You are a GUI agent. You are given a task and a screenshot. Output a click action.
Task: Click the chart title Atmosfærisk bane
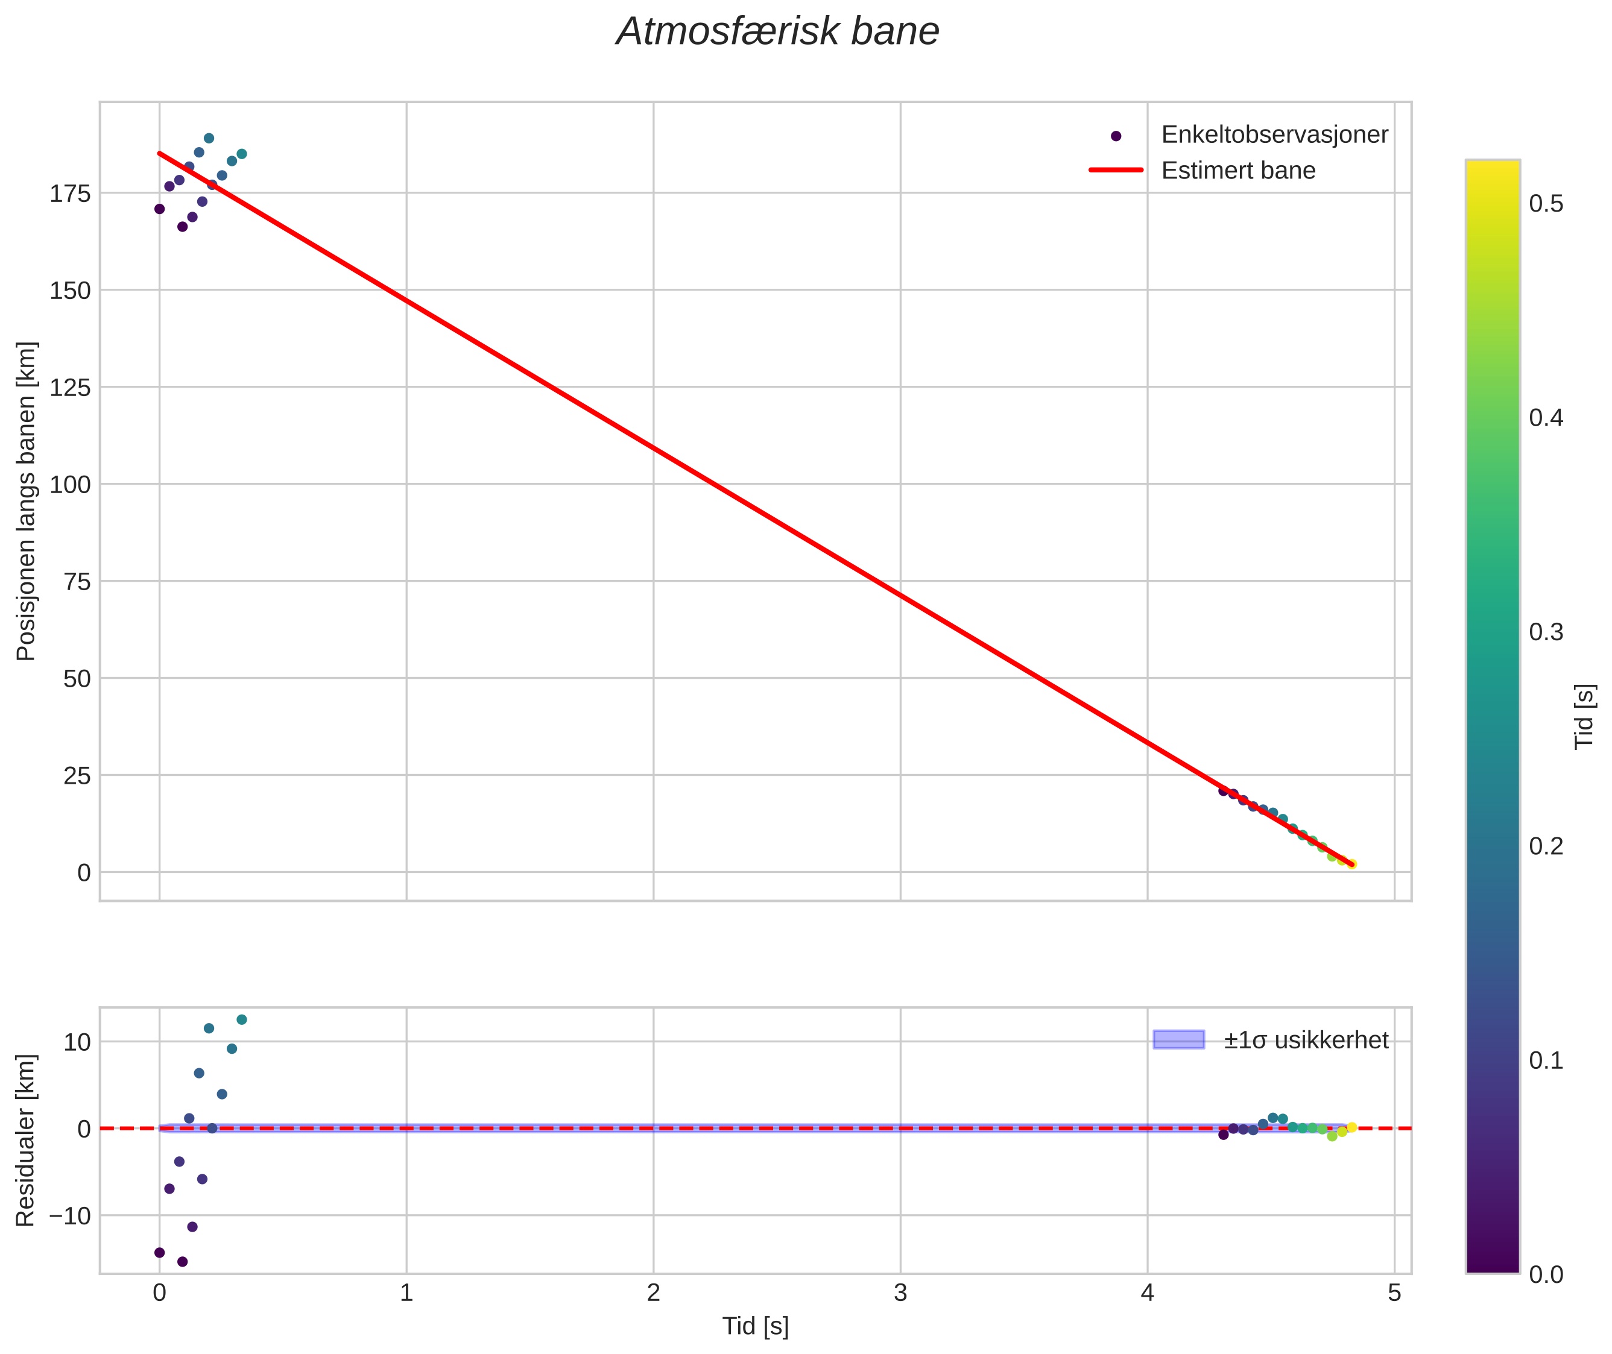coord(777,32)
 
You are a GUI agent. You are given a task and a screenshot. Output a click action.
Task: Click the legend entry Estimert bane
coord(1237,171)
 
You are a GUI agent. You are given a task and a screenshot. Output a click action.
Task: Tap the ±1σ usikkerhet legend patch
coord(1178,1040)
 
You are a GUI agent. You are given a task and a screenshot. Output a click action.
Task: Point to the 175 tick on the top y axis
coord(70,194)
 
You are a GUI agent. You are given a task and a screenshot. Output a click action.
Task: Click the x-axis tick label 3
coord(900,1293)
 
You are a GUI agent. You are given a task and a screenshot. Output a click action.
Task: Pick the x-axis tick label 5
coord(1394,1293)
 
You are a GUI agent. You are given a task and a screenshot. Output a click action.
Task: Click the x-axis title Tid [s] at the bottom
coord(755,1326)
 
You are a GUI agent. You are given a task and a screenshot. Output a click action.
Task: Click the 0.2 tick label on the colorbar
coord(1546,846)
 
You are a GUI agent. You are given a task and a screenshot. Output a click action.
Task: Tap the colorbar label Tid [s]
coord(1584,716)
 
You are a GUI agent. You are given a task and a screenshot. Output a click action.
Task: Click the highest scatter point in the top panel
coord(209,139)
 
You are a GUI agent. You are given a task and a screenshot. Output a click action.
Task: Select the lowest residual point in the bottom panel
coord(183,1262)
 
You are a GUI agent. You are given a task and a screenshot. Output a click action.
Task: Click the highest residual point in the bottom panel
coord(242,1020)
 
